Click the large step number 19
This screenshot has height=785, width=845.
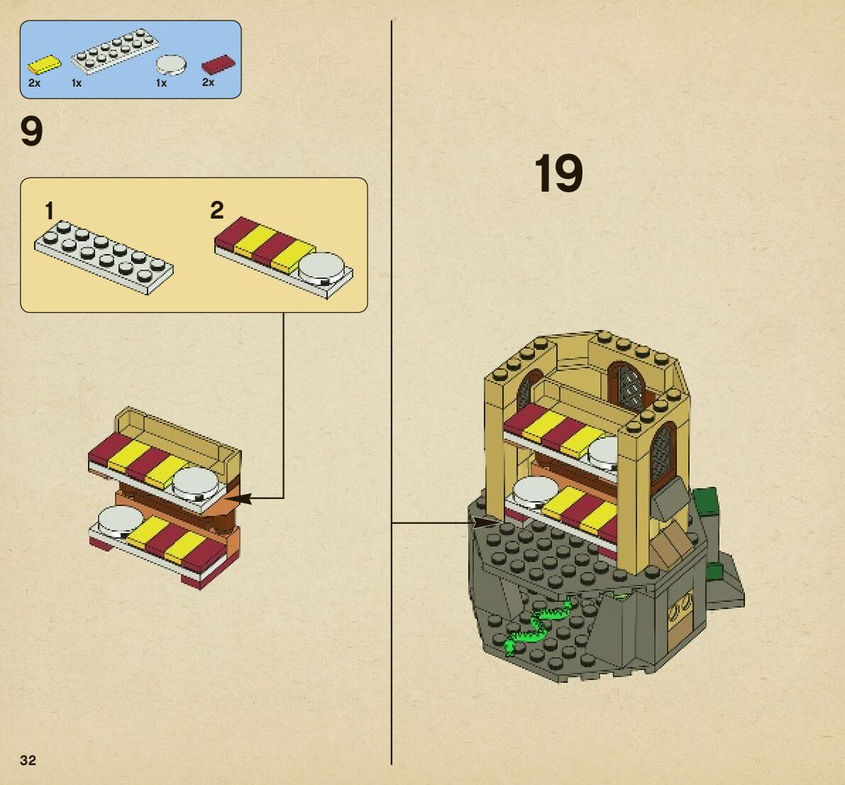(x=558, y=173)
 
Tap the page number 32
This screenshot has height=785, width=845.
(x=28, y=760)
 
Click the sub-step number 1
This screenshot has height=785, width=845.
(x=50, y=211)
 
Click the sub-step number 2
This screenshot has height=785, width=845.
(x=217, y=210)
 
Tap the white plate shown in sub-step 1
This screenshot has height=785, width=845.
(x=104, y=256)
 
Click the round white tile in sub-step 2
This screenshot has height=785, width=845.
(x=325, y=268)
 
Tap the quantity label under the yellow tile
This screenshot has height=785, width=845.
(x=34, y=83)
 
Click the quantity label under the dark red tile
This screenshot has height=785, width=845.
(x=208, y=82)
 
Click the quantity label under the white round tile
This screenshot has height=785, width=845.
(x=161, y=83)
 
